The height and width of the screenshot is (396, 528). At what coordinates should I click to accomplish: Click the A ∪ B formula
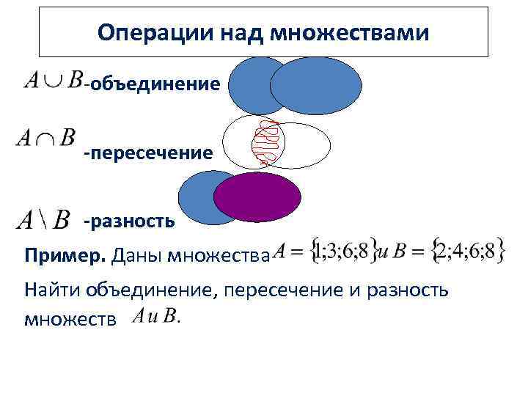tap(53, 80)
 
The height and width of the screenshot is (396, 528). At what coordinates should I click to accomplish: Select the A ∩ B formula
tap(45, 137)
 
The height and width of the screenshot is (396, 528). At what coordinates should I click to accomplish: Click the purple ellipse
tap(257, 197)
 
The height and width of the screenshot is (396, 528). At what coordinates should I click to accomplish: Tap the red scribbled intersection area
tap(268, 143)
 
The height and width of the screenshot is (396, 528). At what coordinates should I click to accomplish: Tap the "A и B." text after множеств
tap(156, 318)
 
